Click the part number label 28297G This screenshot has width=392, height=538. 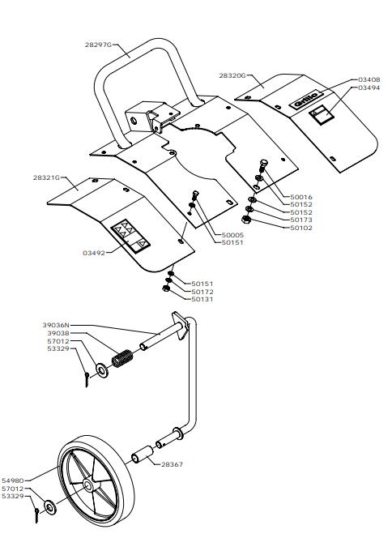pyautogui.click(x=99, y=45)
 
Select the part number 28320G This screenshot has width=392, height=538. pyautogui.click(x=232, y=75)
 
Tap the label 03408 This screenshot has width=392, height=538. pyautogui.click(x=369, y=79)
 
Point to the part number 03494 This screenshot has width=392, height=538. pyautogui.click(x=369, y=88)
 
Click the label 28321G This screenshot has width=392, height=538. pyautogui.click(x=47, y=177)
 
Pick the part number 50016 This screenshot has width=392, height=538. pyautogui.click(x=301, y=197)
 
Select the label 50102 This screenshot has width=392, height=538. pyautogui.click(x=301, y=228)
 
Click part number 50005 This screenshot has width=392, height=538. pyautogui.click(x=233, y=235)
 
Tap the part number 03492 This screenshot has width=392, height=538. pyautogui.click(x=94, y=254)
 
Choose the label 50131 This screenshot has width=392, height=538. pyautogui.click(x=202, y=299)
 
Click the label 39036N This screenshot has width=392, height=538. pyautogui.click(x=56, y=325)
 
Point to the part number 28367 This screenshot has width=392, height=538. pyautogui.click(x=173, y=464)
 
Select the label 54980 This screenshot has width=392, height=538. pyautogui.click(x=13, y=480)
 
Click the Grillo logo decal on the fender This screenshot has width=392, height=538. pyautogui.click(x=306, y=99)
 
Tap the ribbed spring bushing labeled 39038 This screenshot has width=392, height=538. pyautogui.click(x=122, y=359)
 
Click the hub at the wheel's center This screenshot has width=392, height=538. pyautogui.click(x=88, y=485)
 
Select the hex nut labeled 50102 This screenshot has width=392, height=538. pyautogui.click(x=245, y=220)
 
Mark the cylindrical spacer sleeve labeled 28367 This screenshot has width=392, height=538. pyautogui.click(x=143, y=455)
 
